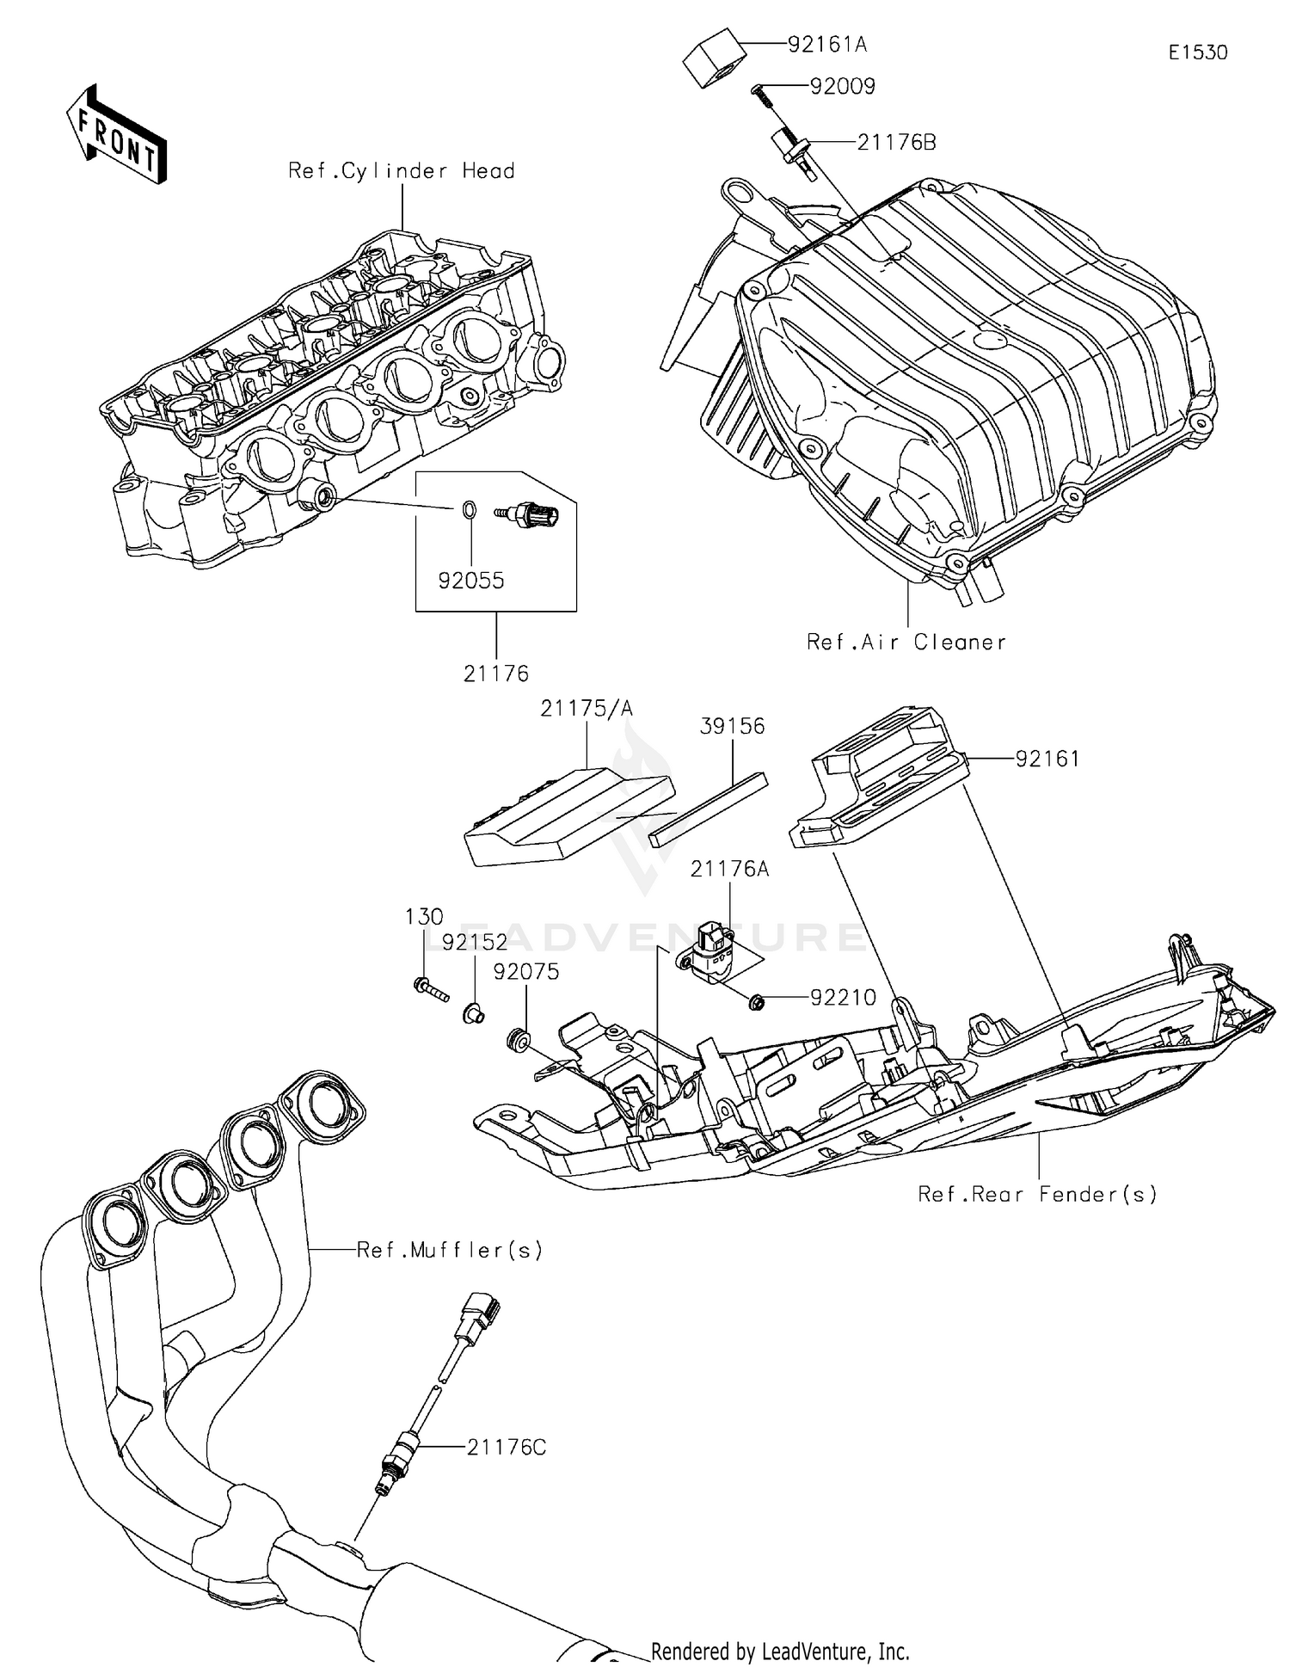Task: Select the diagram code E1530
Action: pos(1197,52)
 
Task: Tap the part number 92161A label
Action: pos(826,45)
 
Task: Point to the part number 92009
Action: pos(842,86)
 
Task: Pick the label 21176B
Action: pos(896,142)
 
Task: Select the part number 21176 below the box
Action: pos(495,674)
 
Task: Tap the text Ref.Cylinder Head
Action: pos(402,171)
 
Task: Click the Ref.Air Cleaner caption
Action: pos(906,642)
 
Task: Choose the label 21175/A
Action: pos(587,708)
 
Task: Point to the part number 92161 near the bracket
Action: pos(1047,759)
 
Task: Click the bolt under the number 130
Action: pos(431,990)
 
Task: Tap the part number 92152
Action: pos(476,942)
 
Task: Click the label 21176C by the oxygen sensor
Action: pos(507,1447)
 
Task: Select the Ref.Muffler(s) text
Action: pos(450,1250)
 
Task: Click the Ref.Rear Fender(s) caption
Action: pos(1037,1194)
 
